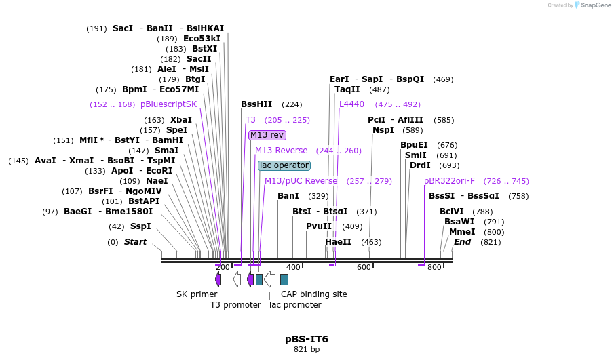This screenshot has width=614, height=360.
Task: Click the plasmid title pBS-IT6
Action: click(307, 338)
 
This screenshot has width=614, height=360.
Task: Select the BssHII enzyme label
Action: click(256, 104)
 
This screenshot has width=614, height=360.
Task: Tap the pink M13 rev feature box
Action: click(267, 135)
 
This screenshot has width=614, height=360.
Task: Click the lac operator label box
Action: click(284, 165)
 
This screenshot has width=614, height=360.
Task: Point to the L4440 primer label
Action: click(351, 104)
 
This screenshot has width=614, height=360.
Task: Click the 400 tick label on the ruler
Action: click(293, 267)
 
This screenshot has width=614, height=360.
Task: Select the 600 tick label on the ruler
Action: click(364, 267)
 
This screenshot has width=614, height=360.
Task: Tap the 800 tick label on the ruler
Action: click(434, 267)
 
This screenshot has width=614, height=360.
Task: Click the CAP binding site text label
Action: click(313, 294)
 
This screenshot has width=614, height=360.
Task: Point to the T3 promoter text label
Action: click(235, 305)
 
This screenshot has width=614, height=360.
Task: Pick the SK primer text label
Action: click(197, 294)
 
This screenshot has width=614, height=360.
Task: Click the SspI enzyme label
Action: click(140, 226)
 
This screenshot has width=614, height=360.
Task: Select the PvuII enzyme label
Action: click(319, 226)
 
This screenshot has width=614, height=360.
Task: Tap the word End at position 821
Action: click(462, 242)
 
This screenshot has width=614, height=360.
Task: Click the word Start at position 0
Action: click(135, 242)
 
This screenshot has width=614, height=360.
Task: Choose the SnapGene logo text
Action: click(593, 5)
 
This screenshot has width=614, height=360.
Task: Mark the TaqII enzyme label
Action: click(347, 89)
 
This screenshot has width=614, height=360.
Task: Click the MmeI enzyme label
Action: click(462, 232)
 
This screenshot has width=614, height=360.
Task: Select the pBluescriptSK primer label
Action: click(168, 104)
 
